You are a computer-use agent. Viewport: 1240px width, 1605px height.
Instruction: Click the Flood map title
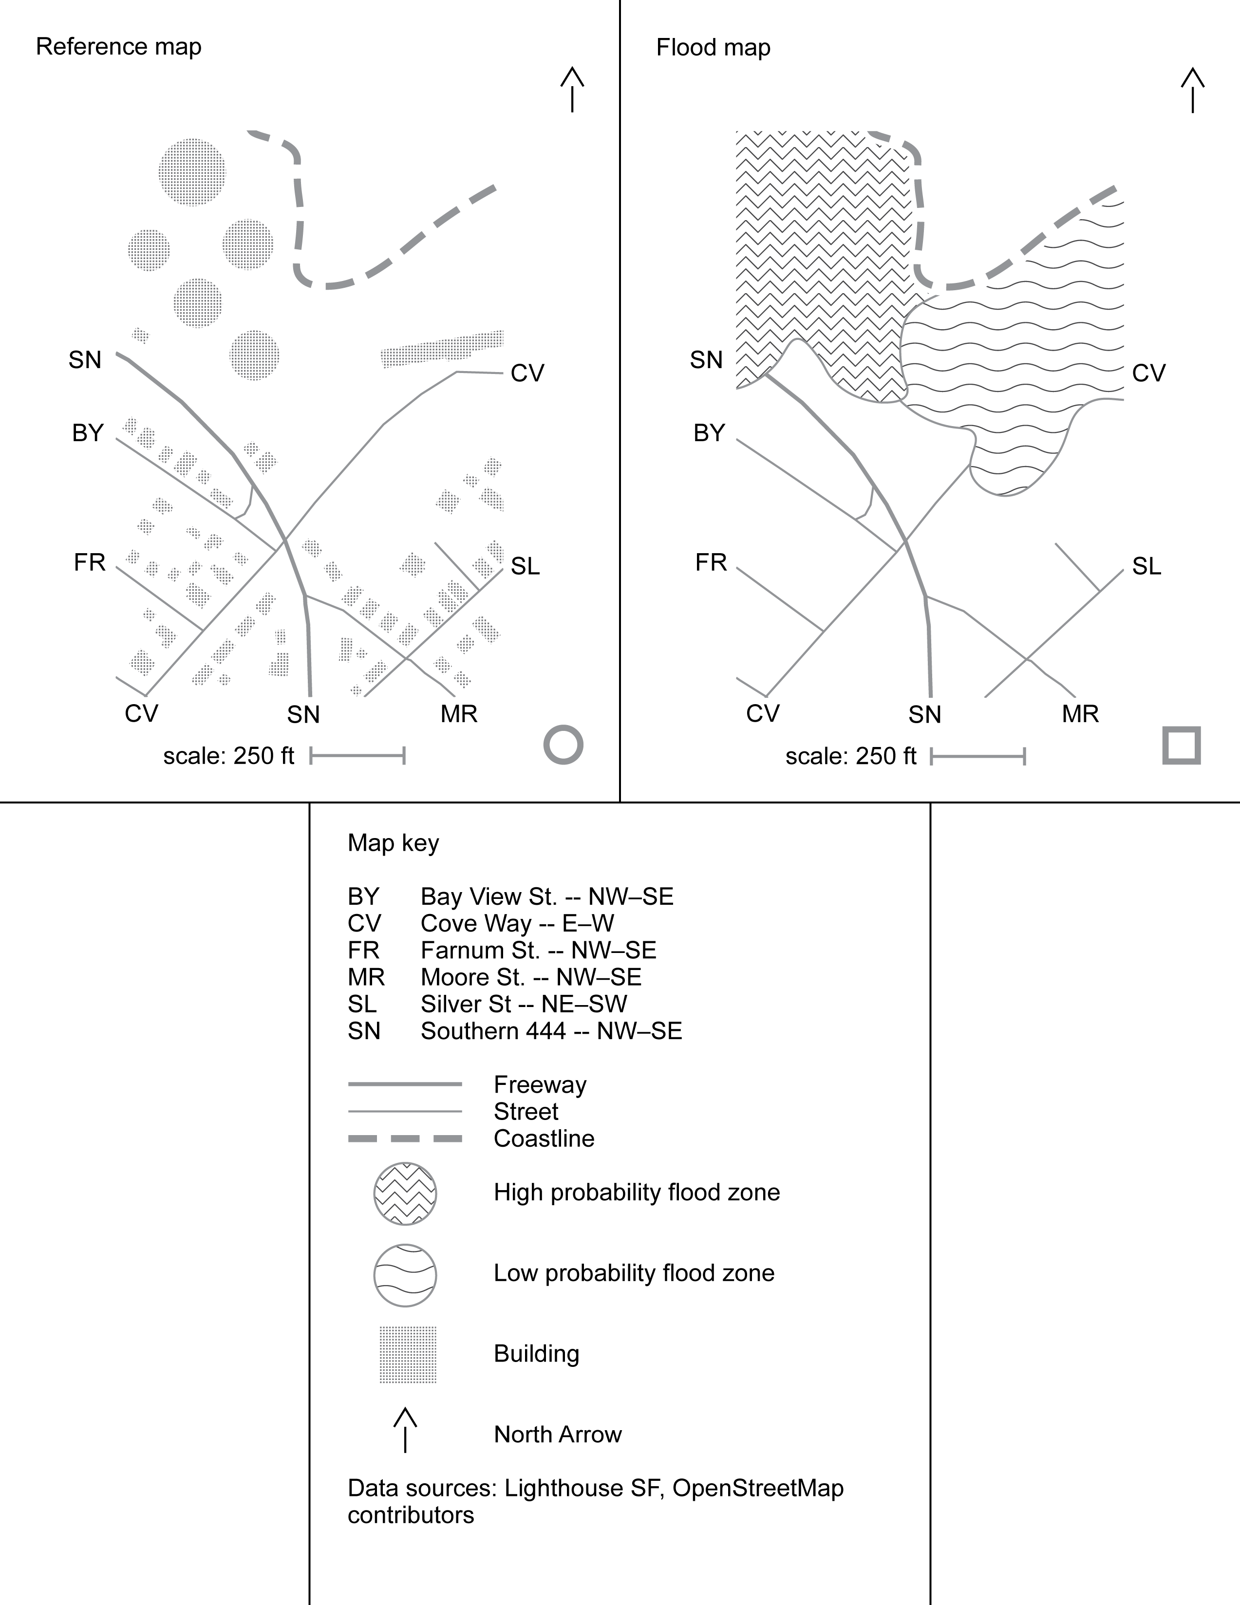point(713,48)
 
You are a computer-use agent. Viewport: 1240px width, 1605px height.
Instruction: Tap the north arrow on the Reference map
point(572,90)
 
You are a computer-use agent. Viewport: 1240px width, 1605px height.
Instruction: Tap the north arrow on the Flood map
point(1192,90)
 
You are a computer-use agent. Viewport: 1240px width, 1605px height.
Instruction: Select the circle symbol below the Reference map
point(563,745)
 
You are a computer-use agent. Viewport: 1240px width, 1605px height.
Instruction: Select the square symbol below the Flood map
point(1181,745)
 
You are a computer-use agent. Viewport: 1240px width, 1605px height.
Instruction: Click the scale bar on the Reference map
point(357,755)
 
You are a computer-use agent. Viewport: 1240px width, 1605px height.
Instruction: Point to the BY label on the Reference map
point(88,433)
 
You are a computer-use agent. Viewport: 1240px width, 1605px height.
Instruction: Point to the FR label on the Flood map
point(711,563)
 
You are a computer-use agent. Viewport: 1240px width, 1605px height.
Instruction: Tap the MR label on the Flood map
point(1080,713)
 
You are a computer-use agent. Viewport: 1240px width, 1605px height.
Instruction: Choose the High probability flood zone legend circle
point(405,1194)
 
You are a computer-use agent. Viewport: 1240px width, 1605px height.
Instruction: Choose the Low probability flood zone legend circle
point(405,1275)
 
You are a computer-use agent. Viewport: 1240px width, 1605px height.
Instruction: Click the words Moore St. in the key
point(472,977)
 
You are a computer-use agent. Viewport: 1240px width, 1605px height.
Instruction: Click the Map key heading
point(393,843)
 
